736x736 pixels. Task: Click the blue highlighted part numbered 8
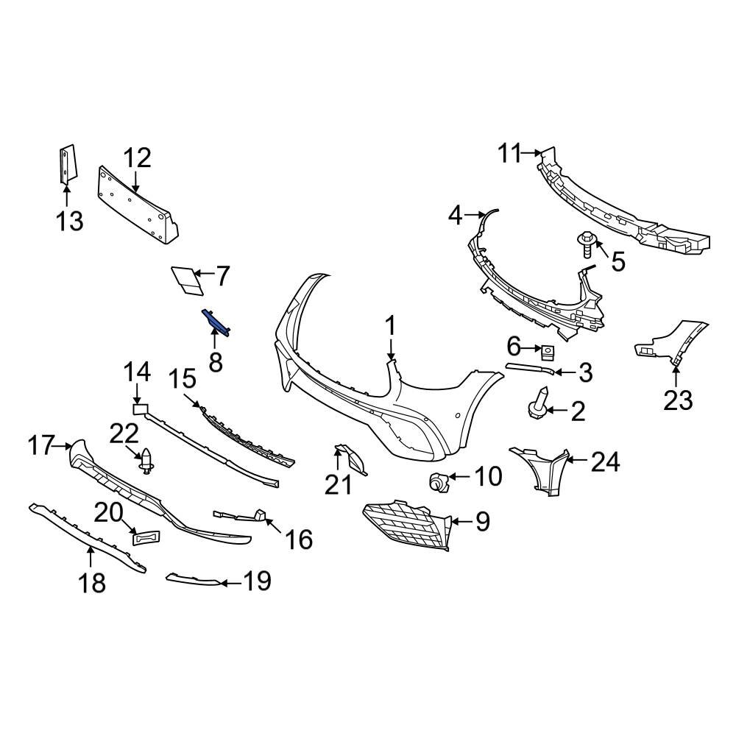216,322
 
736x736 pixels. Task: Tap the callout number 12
137,158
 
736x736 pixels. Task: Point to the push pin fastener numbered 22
147,461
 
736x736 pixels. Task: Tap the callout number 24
606,462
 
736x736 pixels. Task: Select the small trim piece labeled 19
193,581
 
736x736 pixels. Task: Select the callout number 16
299,539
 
